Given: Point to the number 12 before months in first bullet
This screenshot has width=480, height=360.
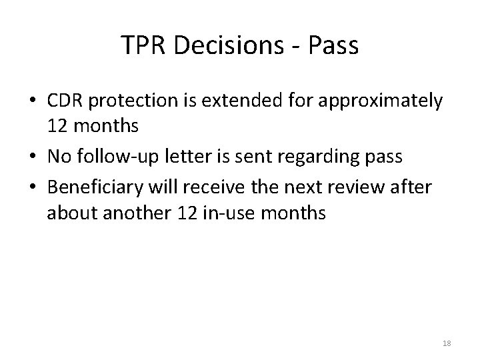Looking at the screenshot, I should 57,125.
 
